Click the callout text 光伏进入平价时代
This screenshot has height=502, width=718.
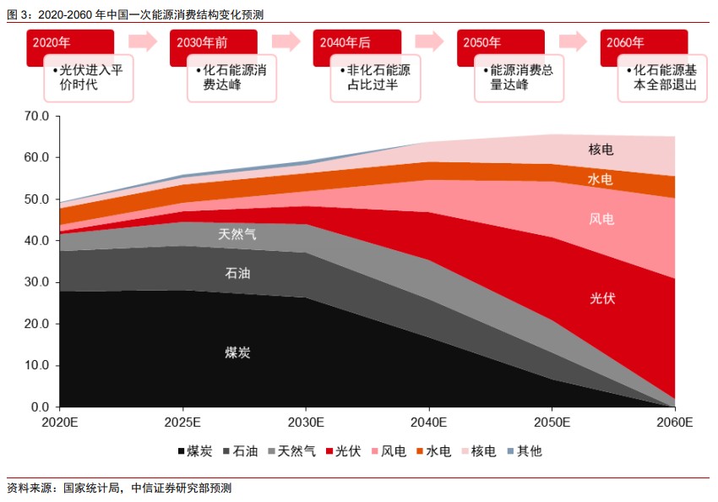coord(88,78)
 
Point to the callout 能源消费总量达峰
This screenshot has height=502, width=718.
coord(519,78)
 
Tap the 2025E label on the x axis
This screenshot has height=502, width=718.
coord(182,422)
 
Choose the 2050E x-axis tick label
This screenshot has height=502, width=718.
coord(551,422)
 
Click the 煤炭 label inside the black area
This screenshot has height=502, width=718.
coord(237,352)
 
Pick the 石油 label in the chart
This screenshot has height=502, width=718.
coord(237,274)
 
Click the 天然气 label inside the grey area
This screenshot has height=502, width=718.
coord(237,234)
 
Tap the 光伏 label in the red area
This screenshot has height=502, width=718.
coord(602,298)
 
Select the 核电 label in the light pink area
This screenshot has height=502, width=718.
coord(601,150)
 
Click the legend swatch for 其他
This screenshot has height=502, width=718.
coord(509,451)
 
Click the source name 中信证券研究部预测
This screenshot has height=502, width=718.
coord(182,488)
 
